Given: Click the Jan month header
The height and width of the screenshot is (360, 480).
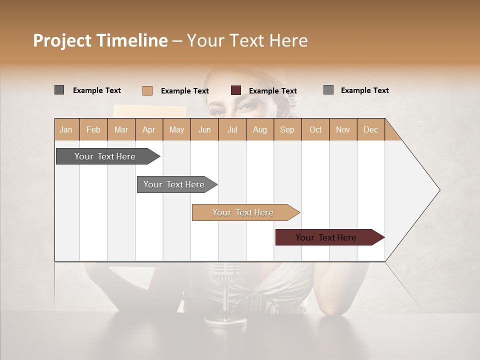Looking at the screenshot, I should [66, 129].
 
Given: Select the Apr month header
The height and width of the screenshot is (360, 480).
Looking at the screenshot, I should [148, 129].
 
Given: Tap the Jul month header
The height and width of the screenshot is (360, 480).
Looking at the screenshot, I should [232, 129].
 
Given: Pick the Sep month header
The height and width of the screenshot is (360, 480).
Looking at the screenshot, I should [287, 129].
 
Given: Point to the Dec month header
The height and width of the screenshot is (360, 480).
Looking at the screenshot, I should [370, 129].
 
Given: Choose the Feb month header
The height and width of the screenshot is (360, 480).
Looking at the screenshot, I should [93, 129].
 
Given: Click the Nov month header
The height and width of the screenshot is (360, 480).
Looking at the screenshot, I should [343, 129].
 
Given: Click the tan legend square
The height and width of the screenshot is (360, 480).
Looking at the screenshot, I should [147, 90].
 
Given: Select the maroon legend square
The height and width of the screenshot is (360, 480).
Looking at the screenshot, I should [236, 90].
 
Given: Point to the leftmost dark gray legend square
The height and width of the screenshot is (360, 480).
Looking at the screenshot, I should [59, 90].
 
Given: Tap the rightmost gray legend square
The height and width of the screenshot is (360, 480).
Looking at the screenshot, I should [328, 90].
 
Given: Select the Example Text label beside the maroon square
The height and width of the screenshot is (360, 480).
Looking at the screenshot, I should [273, 91].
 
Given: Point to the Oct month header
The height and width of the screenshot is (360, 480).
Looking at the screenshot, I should [315, 129].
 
